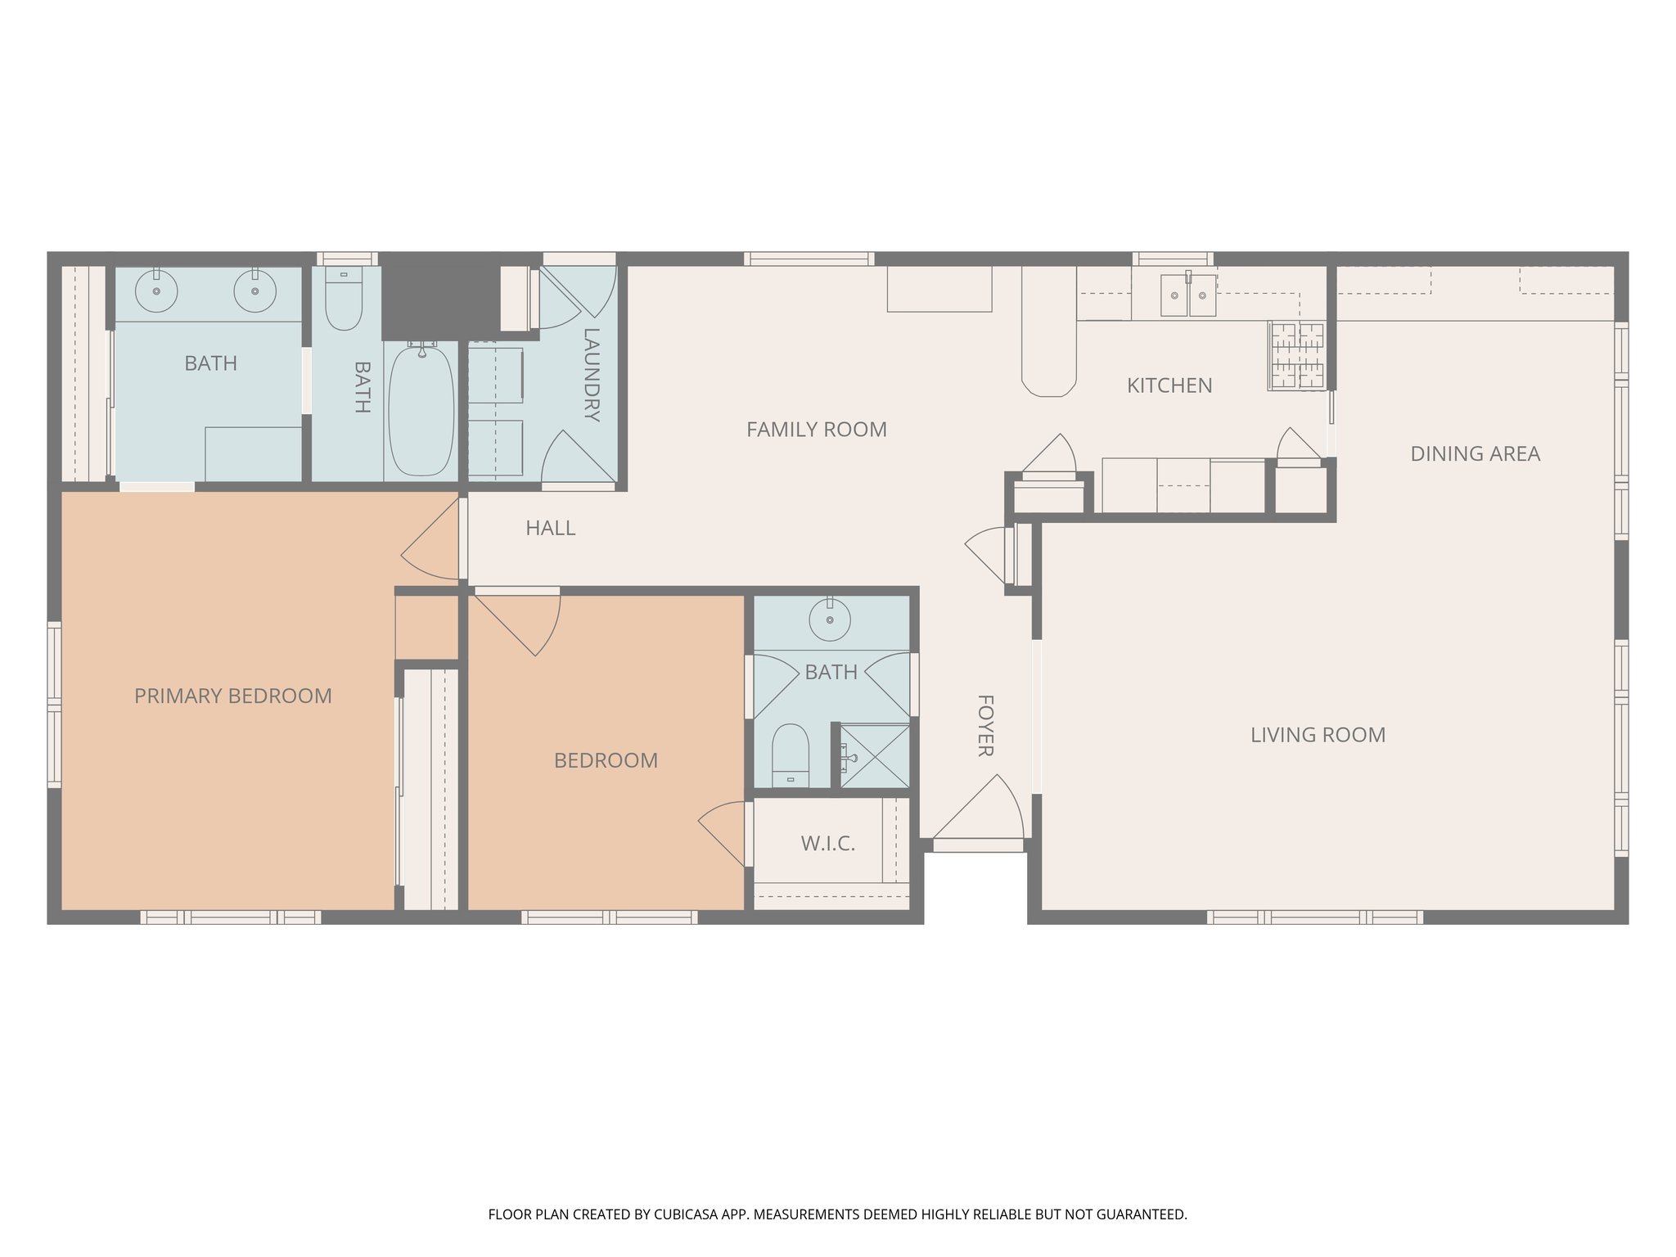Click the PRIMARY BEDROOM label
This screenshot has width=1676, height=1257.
click(x=233, y=696)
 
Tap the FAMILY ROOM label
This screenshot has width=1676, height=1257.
click(x=816, y=429)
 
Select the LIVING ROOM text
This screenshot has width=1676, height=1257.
click(x=1318, y=735)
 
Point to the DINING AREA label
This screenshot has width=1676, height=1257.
click(x=1475, y=453)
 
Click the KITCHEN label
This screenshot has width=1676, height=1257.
click(x=1169, y=385)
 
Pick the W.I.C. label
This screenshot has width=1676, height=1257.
click(x=827, y=844)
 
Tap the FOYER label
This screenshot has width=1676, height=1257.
click(x=985, y=725)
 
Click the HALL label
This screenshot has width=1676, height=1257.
click(x=550, y=528)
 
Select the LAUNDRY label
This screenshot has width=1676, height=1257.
click(x=591, y=374)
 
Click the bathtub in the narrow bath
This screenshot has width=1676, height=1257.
click(x=421, y=409)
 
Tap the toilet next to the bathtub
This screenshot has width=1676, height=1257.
click(x=344, y=300)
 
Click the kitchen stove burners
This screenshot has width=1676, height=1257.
click(x=1296, y=356)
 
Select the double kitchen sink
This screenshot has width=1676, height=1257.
click(x=1188, y=295)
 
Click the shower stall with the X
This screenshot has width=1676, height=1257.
click(x=876, y=756)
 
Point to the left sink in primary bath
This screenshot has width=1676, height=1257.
click(x=156, y=291)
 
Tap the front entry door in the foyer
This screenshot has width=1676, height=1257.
click(x=979, y=810)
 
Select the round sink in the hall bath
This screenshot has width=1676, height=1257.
click(x=830, y=619)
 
